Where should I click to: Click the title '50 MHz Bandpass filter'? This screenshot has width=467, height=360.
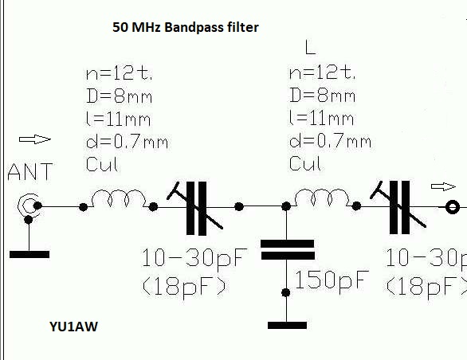click(186, 27)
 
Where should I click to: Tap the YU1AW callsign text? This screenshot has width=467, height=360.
click(73, 327)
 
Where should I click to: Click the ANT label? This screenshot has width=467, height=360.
click(30, 172)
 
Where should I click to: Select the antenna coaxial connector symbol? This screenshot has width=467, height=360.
click(29, 206)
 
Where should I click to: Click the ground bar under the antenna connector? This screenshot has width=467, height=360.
click(29, 254)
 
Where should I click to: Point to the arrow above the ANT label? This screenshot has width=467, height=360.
click(35, 139)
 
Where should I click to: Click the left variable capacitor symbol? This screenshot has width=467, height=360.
click(195, 208)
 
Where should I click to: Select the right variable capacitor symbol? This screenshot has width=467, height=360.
click(398, 206)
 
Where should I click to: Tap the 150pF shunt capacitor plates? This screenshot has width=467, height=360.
click(288, 249)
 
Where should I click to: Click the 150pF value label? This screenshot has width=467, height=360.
click(332, 280)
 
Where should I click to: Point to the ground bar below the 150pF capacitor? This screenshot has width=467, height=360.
click(287, 325)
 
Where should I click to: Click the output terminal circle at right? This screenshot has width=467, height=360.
click(453, 207)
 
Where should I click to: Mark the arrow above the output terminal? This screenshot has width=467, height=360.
click(443, 186)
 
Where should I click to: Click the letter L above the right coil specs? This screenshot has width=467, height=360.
click(310, 48)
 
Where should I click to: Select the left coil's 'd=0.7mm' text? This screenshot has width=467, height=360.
click(127, 142)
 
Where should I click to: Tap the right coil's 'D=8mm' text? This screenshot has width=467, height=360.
click(322, 96)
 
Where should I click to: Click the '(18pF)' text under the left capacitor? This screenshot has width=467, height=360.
click(184, 287)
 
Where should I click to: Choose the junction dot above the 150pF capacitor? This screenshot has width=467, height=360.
click(286, 205)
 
